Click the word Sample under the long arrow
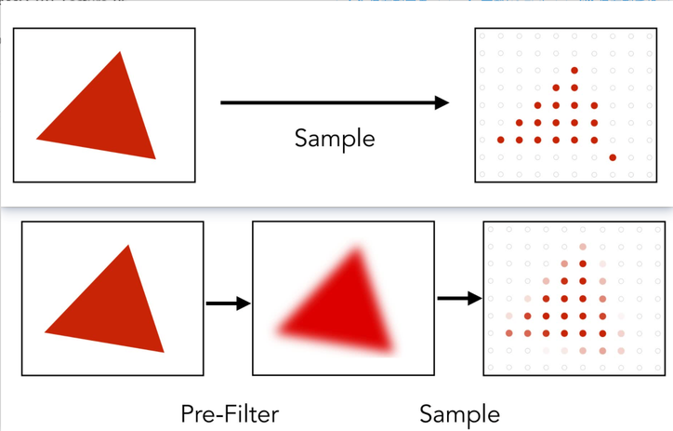[335, 140]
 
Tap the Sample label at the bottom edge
[460, 414]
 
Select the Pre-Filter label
[230, 414]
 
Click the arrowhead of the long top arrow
[442, 102]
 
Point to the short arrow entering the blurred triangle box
[229, 303]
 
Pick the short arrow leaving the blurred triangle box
[460, 298]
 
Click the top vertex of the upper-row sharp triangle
[120, 52]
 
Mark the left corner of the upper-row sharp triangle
[36, 139]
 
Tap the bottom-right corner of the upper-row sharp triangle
[155, 159]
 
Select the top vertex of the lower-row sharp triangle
[128, 246]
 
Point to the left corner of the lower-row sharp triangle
[45, 332]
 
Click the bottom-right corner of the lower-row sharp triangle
[164, 353]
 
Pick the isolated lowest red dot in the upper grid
[613, 157]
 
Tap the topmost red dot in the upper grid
[574, 71]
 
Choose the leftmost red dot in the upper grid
[500, 140]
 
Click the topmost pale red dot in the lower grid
[583, 247]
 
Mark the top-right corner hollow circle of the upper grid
[650, 36]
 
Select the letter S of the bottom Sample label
[426, 414]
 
